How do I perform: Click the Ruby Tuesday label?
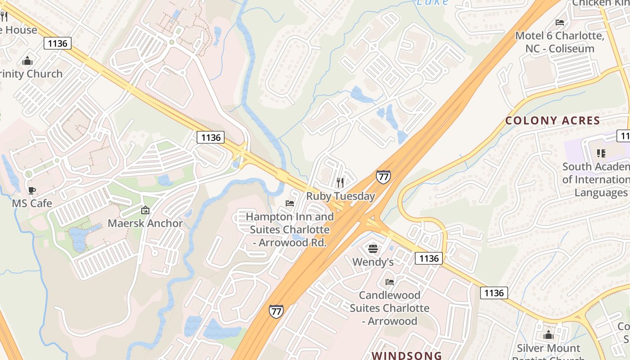341,196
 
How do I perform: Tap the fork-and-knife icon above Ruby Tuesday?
340,182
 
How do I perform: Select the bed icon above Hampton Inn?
290,203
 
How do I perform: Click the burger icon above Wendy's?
373,248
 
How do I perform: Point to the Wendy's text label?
373,262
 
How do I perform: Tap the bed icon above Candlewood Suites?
390,282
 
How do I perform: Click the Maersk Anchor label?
145,223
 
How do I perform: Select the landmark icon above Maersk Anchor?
145,210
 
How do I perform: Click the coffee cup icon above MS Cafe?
32,190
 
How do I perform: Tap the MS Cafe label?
32,203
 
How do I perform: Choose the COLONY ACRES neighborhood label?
553,121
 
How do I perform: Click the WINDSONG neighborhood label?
407,355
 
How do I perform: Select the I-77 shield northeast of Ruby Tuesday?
383,176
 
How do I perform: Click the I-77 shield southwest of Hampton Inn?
276,311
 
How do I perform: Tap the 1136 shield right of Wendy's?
428,258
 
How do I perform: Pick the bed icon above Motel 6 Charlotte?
560,22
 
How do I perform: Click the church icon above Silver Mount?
548,335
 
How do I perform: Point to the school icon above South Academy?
601,153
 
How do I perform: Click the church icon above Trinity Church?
27,61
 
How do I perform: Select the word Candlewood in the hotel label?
390,296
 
